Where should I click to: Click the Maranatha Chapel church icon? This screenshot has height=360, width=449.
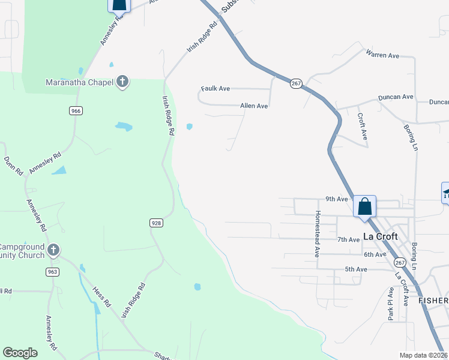click(122, 82)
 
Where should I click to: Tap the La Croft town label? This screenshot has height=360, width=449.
click(381, 236)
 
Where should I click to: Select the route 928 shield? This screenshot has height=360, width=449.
click(156, 223)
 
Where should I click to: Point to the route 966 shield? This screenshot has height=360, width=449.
click(75, 110)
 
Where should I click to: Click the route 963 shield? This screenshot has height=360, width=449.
click(52, 272)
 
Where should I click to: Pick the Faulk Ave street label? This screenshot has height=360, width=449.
click(215, 89)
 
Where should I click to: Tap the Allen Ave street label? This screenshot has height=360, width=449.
click(254, 106)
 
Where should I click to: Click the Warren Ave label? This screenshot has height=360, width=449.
click(382, 55)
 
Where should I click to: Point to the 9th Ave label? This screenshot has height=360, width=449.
click(337, 199)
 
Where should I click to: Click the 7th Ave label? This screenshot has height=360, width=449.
click(348, 239)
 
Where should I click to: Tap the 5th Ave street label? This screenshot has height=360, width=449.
click(356, 269)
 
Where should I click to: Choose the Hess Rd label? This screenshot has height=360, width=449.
click(102, 297)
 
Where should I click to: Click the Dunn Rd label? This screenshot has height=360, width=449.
click(13, 165)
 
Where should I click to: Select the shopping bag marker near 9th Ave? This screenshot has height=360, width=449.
click(364, 206)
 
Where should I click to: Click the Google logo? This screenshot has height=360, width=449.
click(20, 353)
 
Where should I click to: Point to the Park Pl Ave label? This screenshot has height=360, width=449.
click(390, 304)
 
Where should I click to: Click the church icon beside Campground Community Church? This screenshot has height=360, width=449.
click(53, 250)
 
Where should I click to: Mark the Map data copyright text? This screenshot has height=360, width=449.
click(423, 355)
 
